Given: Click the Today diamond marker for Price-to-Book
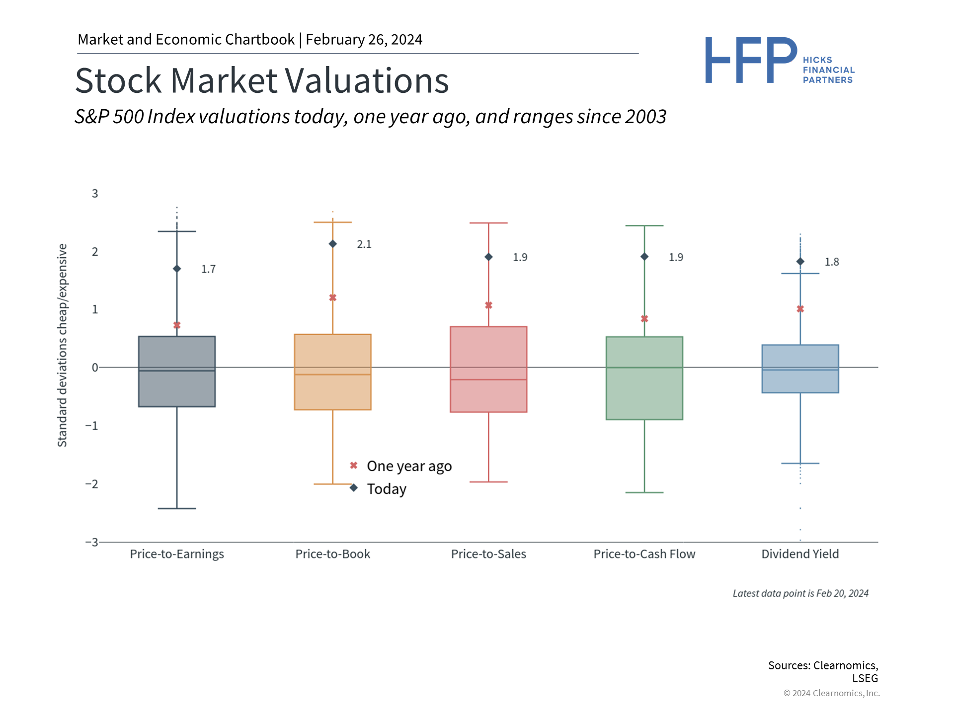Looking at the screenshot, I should [x=333, y=244].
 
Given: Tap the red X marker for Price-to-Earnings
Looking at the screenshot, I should [x=177, y=325].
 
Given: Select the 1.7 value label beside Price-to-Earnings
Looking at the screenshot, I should [x=208, y=269].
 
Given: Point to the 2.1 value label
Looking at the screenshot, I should [x=364, y=244].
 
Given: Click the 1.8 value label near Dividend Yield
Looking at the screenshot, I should [x=832, y=262].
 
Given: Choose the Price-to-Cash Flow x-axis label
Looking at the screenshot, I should [x=644, y=554].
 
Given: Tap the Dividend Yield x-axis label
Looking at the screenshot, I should [x=800, y=554].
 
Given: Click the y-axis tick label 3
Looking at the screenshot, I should [x=95, y=194].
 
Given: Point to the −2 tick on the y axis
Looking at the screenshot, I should [x=92, y=484].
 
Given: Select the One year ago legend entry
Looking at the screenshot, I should [x=409, y=466].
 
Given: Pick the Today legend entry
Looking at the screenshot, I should [x=387, y=489].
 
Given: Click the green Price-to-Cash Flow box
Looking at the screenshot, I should [x=644, y=392].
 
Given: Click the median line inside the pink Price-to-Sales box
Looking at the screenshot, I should [x=488, y=380].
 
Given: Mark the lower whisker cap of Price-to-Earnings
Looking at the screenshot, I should [x=177, y=508].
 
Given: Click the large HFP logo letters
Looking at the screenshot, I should [x=750, y=61].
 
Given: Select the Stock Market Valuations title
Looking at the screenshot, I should [x=262, y=80].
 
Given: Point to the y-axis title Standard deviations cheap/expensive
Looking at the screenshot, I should [x=62, y=345].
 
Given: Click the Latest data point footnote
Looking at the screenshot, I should [x=800, y=593].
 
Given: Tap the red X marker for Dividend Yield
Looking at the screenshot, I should [x=800, y=309].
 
